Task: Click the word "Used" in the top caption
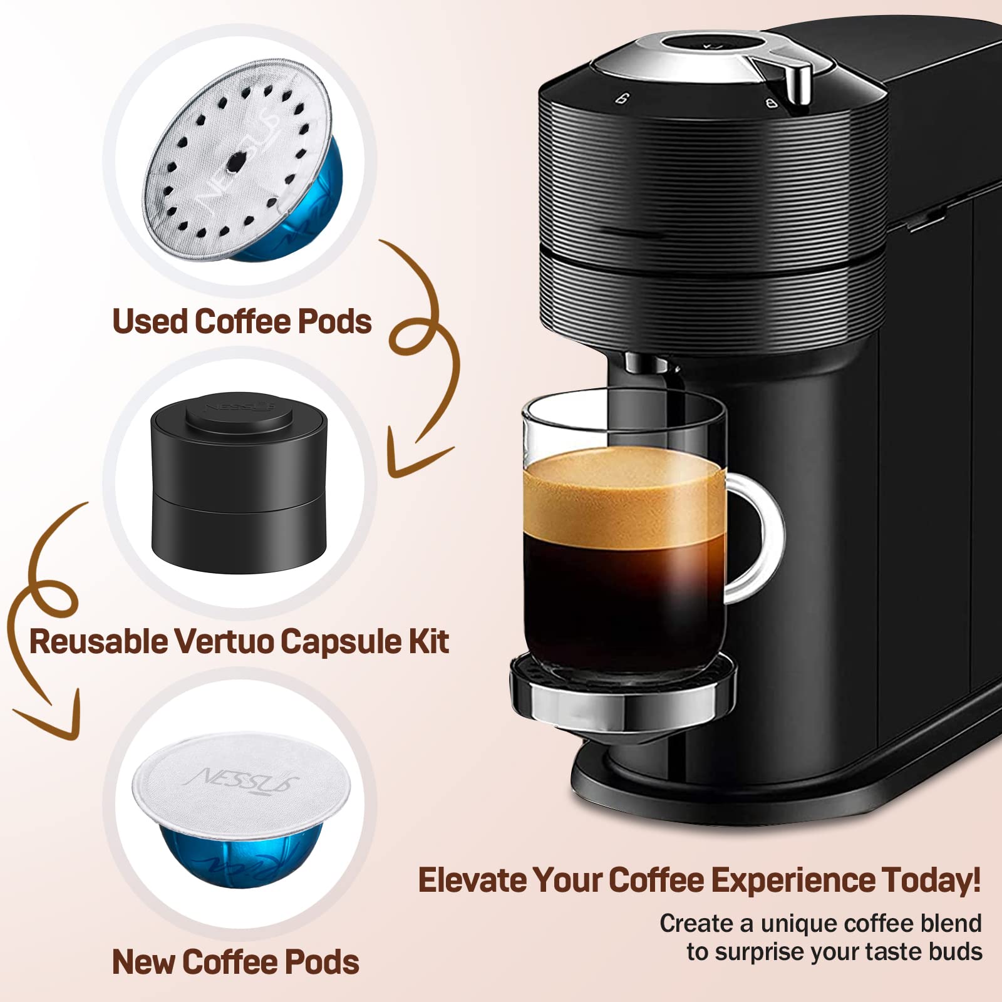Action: (x=150, y=322)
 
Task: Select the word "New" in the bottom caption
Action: (x=142, y=962)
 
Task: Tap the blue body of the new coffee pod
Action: (x=241, y=855)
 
